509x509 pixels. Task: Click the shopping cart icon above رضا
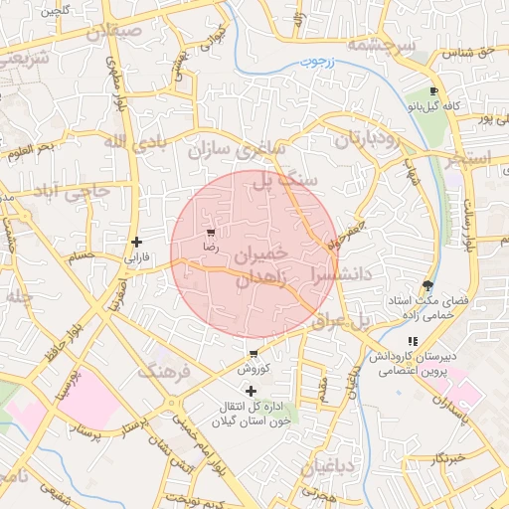coord(210,231)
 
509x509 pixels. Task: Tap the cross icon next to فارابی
coord(136,242)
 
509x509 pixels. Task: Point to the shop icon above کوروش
coord(254,354)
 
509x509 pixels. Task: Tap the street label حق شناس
coord(471,52)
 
